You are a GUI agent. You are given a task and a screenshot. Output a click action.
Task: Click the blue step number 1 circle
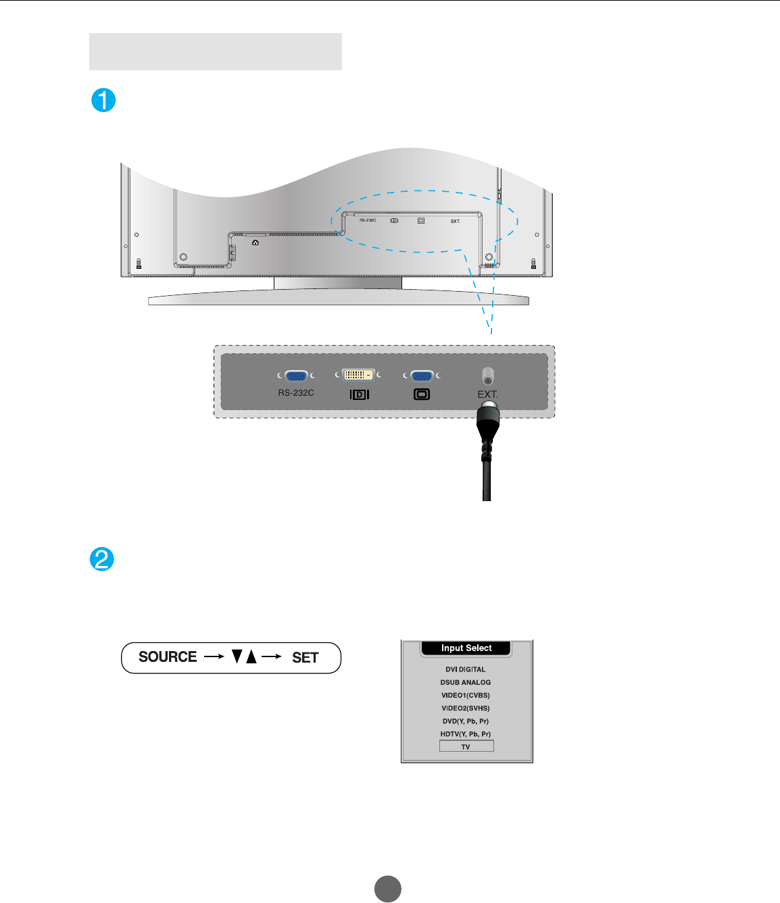pyautogui.click(x=103, y=100)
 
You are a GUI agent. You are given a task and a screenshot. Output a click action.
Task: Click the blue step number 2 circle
pyautogui.click(x=102, y=559)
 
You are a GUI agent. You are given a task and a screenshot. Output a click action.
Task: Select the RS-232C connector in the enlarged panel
pyautogui.click(x=296, y=376)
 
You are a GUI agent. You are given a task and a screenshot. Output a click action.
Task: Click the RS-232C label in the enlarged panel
pyautogui.click(x=296, y=392)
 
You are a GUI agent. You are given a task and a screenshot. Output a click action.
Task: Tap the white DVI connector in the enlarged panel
pyautogui.click(x=358, y=375)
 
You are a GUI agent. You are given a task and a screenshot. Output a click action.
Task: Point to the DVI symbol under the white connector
pyautogui.click(x=360, y=394)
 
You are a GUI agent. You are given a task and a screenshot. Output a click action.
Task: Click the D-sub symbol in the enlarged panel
pyautogui.click(x=422, y=394)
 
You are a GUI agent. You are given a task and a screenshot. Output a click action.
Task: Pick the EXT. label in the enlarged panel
pyautogui.click(x=487, y=394)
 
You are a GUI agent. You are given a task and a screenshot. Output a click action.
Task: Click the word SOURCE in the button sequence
pyautogui.click(x=168, y=657)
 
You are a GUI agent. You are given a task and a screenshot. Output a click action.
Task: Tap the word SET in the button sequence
pyautogui.click(x=305, y=658)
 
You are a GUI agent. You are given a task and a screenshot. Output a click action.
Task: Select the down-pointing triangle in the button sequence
pyautogui.click(x=237, y=656)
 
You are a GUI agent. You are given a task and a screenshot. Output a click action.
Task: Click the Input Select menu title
pyautogui.click(x=466, y=648)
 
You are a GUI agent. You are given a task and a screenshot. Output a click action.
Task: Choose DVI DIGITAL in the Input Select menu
pyautogui.click(x=466, y=669)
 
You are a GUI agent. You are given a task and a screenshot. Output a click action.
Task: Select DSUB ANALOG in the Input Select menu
pyautogui.click(x=466, y=682)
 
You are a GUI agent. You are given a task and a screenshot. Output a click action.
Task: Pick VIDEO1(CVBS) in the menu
pyautogui.click(x=466, y=695)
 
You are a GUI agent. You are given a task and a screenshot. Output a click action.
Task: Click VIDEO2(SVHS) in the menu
pyautogui.click(x=466, y=708)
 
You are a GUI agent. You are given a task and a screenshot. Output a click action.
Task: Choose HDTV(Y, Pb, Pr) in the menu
pyautogui.click(x=466, y=734)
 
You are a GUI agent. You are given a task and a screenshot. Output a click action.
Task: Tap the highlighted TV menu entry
pyautogui.click(x=466, y=746)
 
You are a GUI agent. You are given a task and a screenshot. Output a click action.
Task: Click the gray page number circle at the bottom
pyautogui.click(x=388, y=889)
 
